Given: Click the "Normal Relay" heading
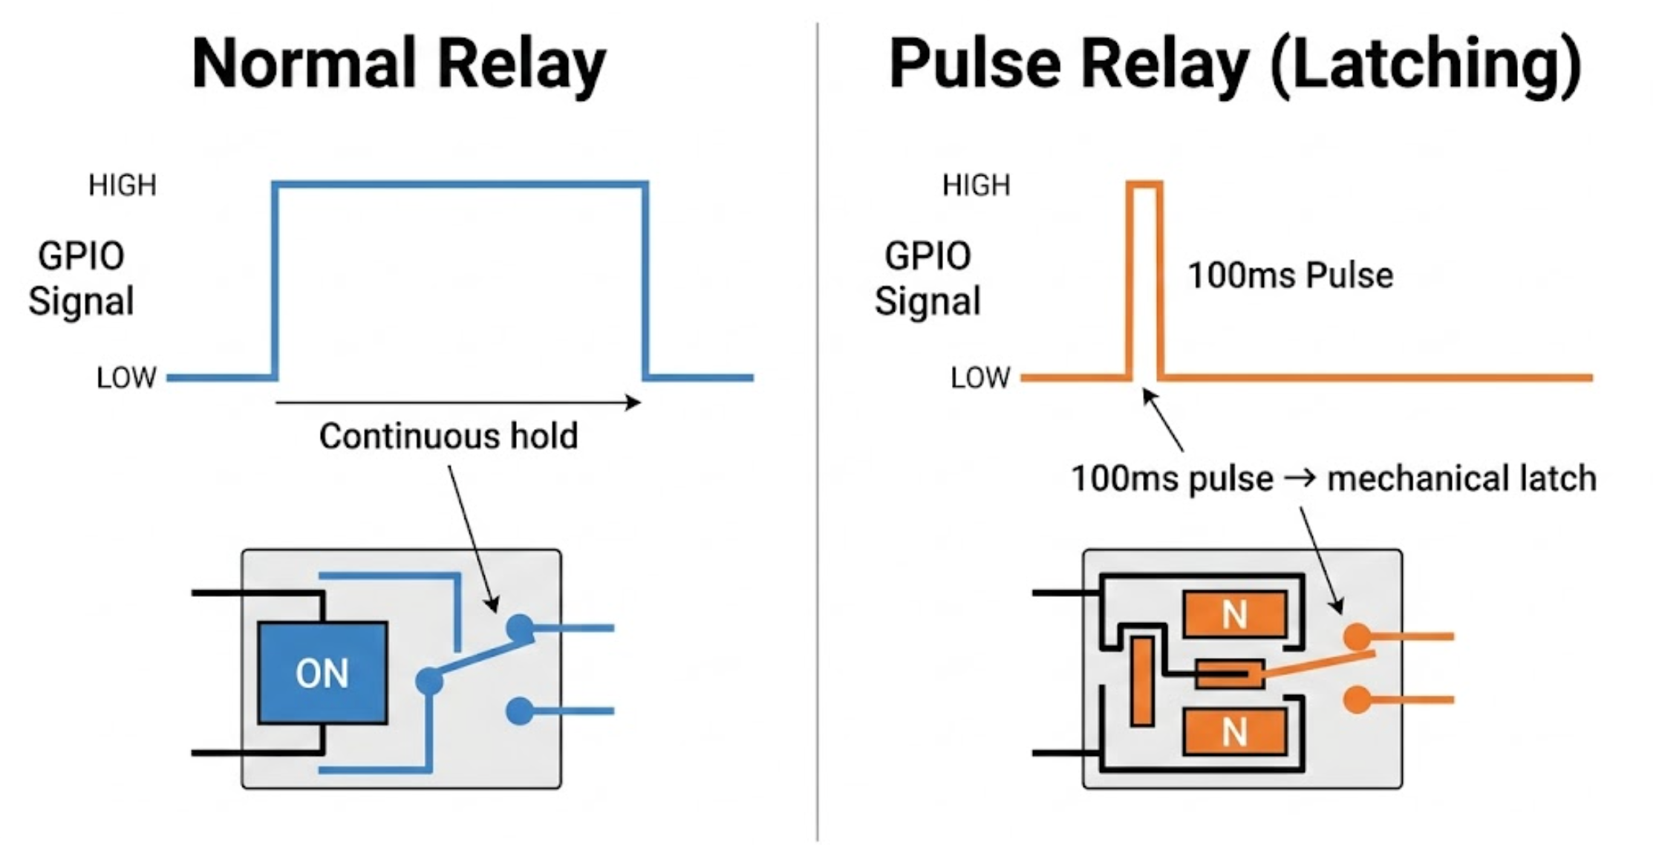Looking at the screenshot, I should point(399,65).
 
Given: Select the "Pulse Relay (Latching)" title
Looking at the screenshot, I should point(1235,65).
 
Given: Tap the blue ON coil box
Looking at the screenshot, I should point(322,673).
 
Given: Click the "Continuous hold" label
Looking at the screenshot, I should point(449,436).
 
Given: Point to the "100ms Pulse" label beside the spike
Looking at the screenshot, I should point(1290,275).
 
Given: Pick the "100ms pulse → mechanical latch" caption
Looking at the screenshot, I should point(1333,478).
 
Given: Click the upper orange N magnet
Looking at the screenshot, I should point(1234,614).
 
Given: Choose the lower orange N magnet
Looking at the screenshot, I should point(1234,732).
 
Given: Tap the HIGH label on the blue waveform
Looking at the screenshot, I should point(123,185).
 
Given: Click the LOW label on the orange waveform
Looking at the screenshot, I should point(980,378).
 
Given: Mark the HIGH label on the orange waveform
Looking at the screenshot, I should point(976,185).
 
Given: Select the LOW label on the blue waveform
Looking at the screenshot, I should point(126,378).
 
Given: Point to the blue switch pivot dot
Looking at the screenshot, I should point(429,680).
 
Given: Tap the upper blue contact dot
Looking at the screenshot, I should point(520,628).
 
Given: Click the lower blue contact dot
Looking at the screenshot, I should point(519,711).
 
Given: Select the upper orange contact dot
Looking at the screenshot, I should point(1357,636).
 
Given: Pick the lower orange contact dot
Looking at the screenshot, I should point(1357,699).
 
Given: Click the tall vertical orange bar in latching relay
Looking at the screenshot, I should point(1142,681).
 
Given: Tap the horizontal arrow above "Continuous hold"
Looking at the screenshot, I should point(457,402).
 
